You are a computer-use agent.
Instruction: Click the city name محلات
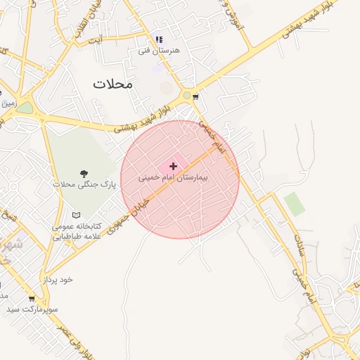(x=112, y=84)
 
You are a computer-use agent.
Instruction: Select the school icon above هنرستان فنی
(x=159, y=39)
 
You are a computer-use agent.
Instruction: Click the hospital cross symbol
(x=173, y=166)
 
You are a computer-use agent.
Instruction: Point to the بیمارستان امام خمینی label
(x=172, y=179)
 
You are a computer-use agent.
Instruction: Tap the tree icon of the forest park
(x=84, y=172)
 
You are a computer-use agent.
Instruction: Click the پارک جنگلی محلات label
(x=83, y=184)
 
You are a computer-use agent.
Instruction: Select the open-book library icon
(x=77, y=214)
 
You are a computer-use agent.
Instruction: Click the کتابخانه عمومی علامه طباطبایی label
(x=77, y=231)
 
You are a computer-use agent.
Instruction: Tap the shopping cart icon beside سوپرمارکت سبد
(x=32, y=298)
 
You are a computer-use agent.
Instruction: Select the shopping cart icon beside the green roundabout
(x=195, y=96)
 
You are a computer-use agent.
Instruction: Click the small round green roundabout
(x=186, y=95)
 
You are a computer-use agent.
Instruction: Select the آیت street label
(x=95, y=39)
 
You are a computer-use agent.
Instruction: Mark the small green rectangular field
(x=295, y=204)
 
